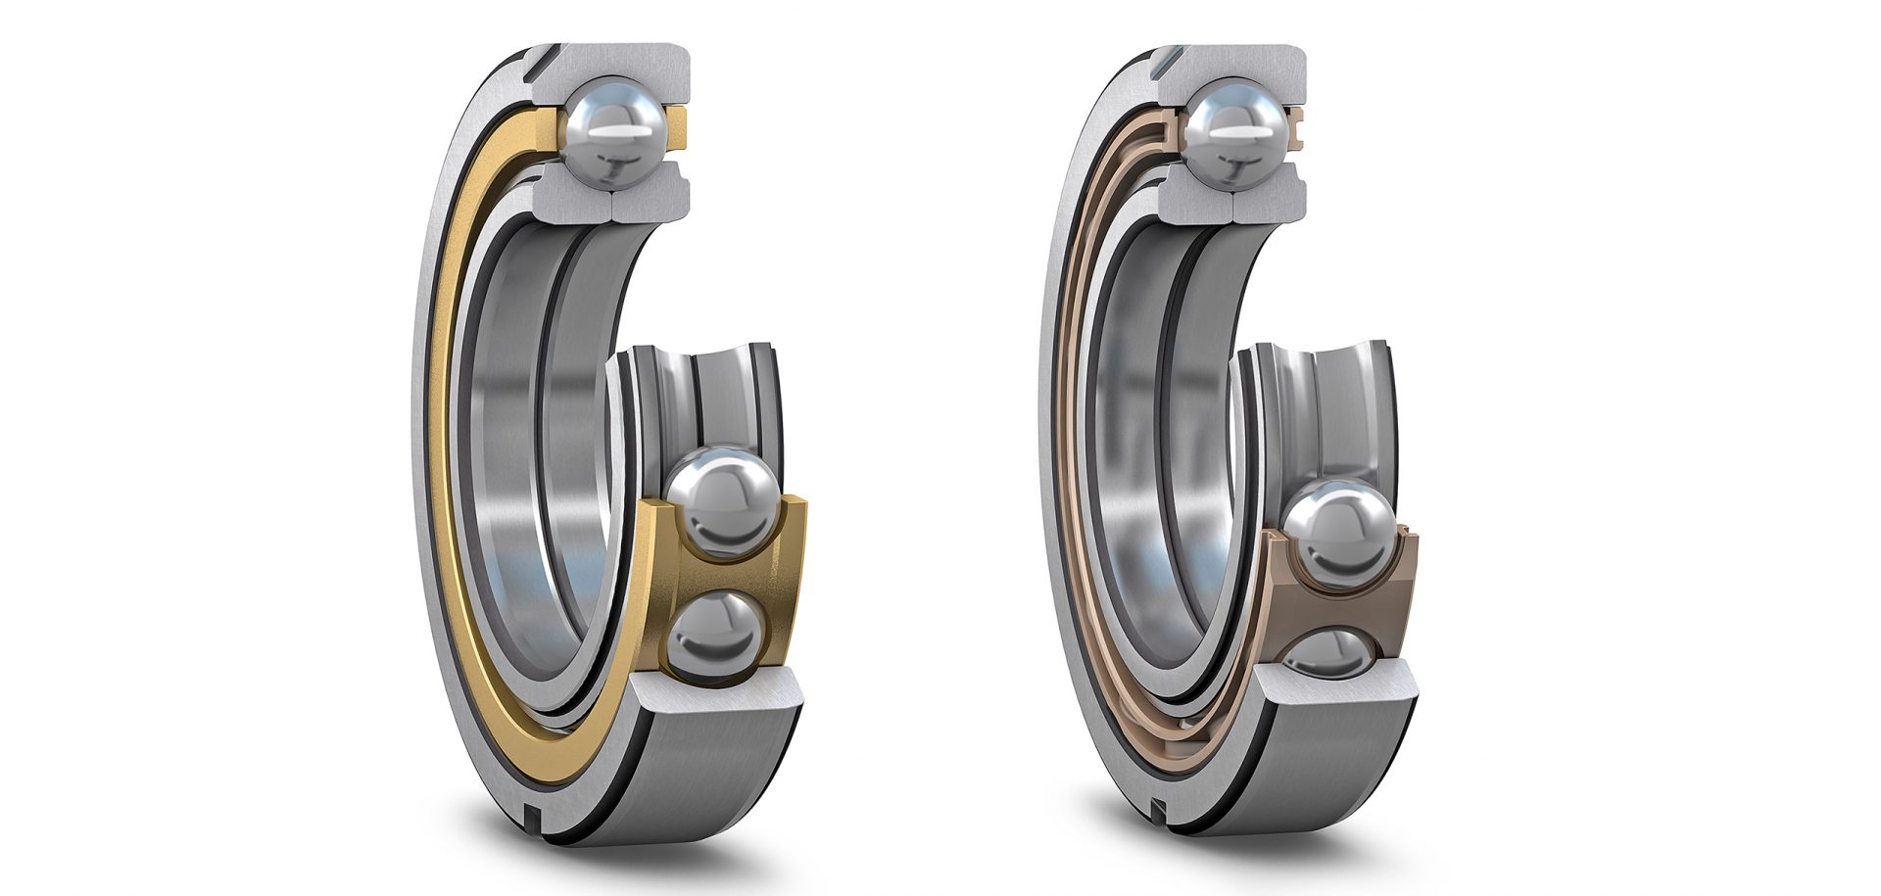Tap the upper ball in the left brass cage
[x=723, y=501]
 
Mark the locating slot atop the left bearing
[x=532, y=64]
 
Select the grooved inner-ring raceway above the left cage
[x=703, y=392]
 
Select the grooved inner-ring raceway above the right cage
[x=1323, y=392]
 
